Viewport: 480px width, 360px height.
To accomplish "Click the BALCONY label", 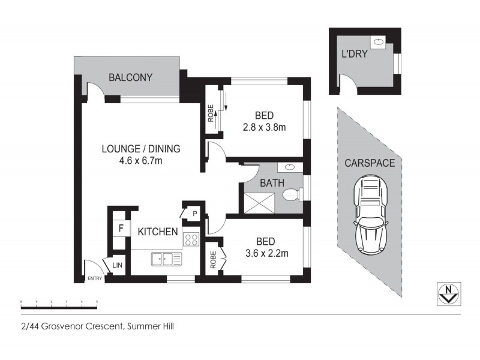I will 130,77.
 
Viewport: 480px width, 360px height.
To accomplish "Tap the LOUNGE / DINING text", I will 140,149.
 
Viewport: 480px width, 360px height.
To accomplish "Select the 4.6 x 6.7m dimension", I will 140,161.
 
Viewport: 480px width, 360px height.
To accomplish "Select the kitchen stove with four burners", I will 191,240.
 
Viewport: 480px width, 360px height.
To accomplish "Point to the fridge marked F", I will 121,228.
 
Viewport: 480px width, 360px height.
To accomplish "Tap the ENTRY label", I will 95,278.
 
